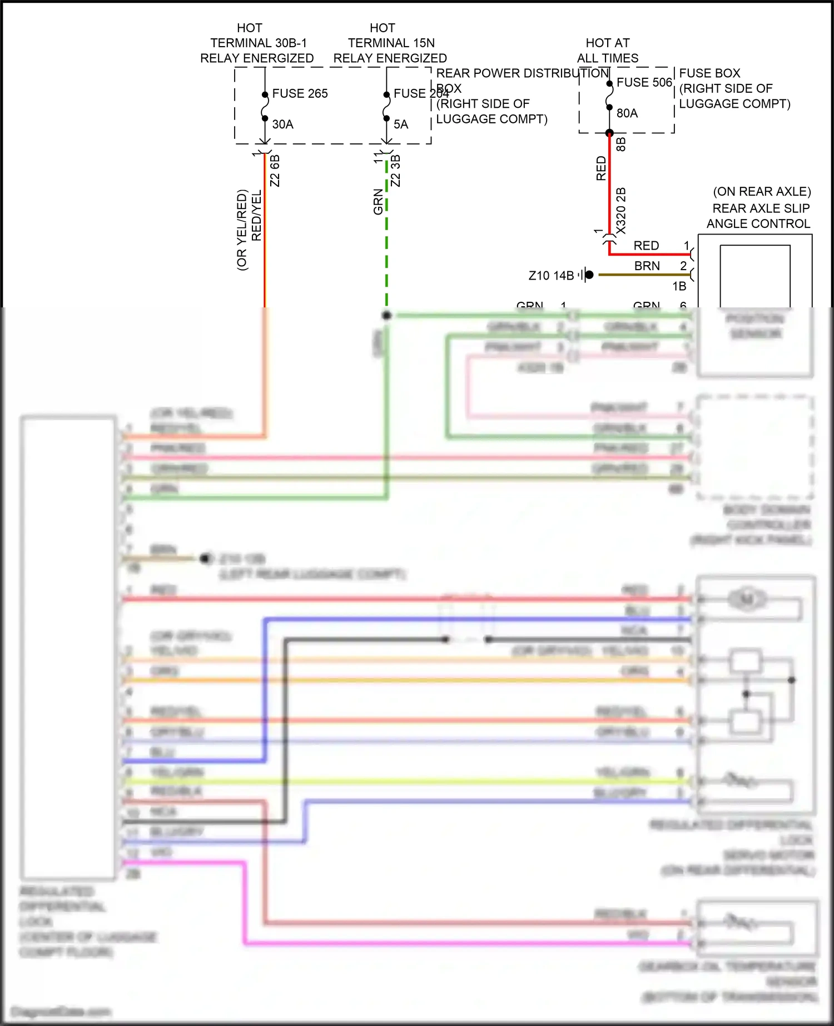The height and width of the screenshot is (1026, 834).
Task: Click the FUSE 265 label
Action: (x=300, y=93)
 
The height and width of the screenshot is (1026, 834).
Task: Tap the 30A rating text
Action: (x=282, y=124)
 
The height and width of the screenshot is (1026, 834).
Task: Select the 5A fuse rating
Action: (x=401, y=124)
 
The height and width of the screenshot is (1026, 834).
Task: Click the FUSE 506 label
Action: (x=644, y=82)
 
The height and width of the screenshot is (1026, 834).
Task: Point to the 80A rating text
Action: (x=627, y=113)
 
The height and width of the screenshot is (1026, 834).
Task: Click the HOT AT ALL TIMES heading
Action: (x=607, y=51)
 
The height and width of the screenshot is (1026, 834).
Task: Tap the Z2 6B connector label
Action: (x=275, y=171)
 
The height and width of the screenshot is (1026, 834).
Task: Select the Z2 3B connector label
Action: (x=396, y=171)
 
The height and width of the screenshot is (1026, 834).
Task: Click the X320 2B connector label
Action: (x=621, y=211)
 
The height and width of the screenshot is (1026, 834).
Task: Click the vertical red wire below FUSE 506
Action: (x=609, y=183)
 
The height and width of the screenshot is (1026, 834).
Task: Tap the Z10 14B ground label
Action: (x=550, y=276)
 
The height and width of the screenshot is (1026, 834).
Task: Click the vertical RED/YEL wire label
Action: (x=256, y=216)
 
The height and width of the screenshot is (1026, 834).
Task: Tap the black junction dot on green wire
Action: (x=387, y=316)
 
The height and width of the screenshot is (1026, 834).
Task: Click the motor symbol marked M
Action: (x=746, y=599)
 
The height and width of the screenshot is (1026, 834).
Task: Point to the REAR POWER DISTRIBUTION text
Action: (x=522, y=73)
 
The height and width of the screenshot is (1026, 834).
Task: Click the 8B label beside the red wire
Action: (x=622, y=144)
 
